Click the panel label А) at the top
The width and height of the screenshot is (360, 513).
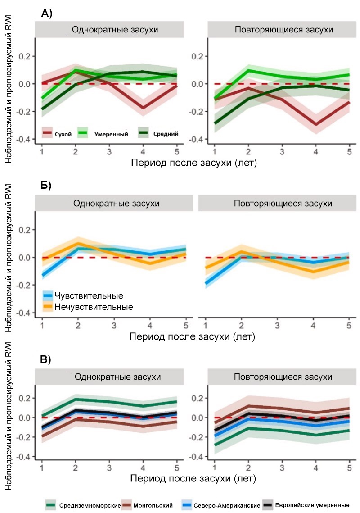47,14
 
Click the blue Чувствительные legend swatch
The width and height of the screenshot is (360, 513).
48,295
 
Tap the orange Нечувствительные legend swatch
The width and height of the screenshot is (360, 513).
48,307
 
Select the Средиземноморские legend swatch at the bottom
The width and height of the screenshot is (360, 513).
51,505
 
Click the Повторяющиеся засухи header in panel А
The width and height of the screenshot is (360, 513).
283,30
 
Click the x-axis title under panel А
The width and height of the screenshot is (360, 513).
193,163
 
